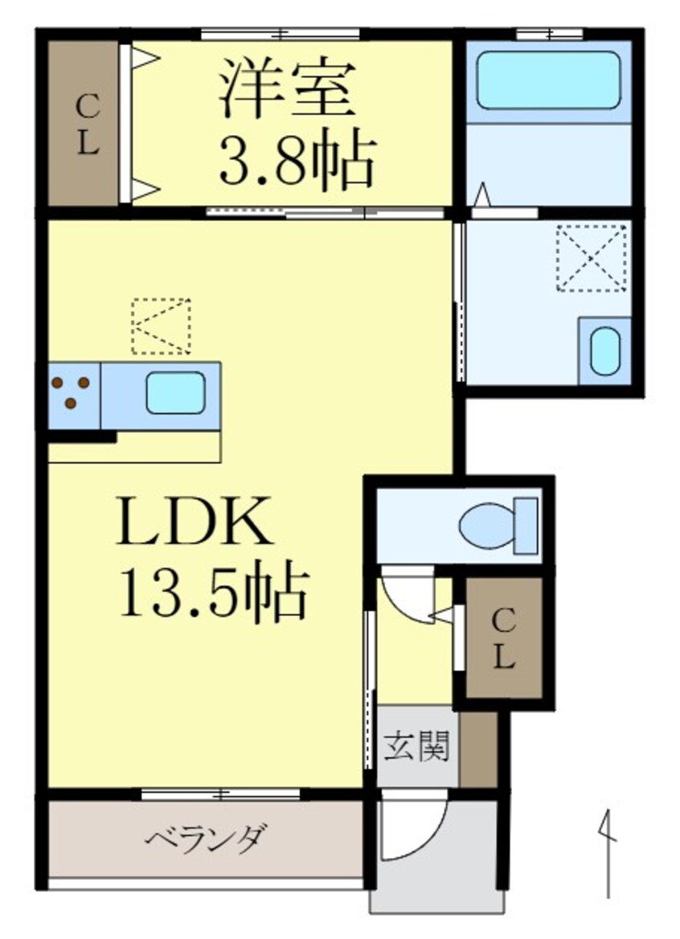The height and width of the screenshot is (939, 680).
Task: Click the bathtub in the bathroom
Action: pos(548,80)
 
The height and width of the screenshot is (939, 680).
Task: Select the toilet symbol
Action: pos(498,526)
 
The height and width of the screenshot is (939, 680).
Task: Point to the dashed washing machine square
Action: pos(592,258)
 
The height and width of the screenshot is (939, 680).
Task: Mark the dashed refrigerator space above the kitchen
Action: pos(162,326)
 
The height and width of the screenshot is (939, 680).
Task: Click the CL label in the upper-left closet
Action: pos(88,124)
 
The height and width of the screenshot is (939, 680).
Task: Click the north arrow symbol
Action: pos(608,852)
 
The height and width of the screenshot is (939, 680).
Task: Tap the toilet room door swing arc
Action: pos(408,595)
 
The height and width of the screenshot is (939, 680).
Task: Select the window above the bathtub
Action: pos(548,34)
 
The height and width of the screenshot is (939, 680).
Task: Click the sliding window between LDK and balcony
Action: pos(221,794)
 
